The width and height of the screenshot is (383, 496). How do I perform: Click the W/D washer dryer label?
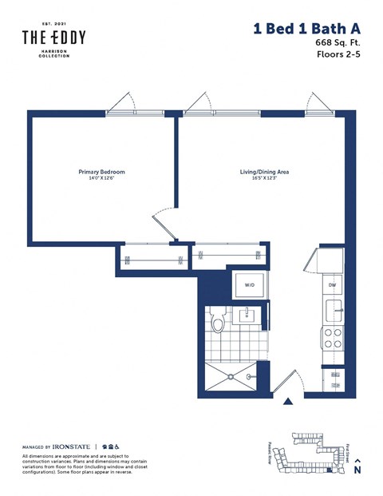click(249, 284)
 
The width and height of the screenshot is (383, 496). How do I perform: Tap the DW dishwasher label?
click(332, 284)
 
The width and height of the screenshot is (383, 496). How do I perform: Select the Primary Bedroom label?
click(101, 172)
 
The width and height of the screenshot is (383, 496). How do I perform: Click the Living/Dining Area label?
click(263, 172)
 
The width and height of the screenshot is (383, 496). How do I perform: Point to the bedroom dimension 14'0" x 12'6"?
click(101, 179)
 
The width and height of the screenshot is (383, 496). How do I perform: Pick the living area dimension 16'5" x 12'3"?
click(263, 179)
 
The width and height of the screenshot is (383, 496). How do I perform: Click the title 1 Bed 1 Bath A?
click(306, 28)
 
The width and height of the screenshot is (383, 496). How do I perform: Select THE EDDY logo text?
click(53, 38)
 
